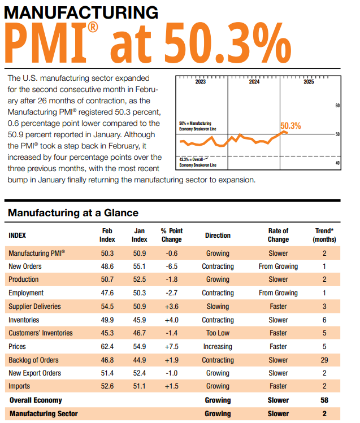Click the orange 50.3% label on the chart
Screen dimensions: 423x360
tap(290, 126)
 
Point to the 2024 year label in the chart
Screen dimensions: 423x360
tap(254, 82)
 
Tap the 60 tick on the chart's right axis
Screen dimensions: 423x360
tap(337, 106)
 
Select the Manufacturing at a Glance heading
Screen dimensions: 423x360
tap(73, 213)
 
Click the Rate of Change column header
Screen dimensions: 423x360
tap(278, 235)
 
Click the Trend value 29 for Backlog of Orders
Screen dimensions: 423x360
tap(324, 360)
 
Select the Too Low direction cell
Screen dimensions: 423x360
tap(218, 333)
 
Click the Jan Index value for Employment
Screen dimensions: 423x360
tap(139, 293)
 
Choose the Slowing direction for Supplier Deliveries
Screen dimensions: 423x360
tap(218, 306)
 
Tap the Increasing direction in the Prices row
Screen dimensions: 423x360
tap(218, 346)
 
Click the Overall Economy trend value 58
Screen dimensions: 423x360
tap(324, 400)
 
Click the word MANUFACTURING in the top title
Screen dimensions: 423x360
tap(81, 12)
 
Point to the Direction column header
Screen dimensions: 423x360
tap(218, 235)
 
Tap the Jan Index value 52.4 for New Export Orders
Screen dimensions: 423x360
tap(139, 373)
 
